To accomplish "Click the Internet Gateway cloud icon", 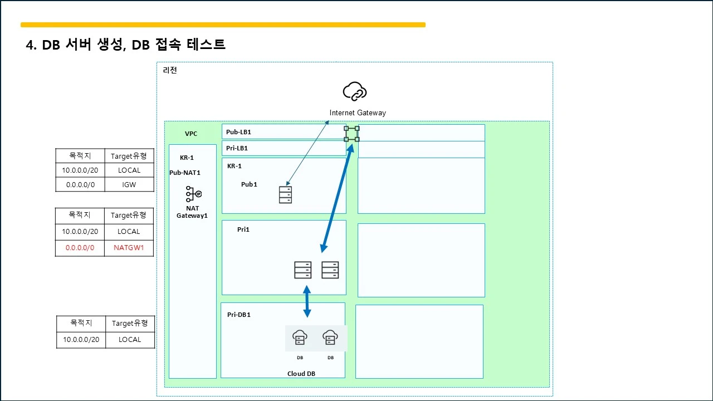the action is click(355, 91).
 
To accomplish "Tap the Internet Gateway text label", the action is click(358, 113).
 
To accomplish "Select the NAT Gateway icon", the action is click(193, 194).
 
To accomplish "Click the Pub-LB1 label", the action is click(238, 132).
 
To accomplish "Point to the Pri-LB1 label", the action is click(237, 148).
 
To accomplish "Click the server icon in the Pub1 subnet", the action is click(285, 195).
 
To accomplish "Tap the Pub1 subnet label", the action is click(249, 184).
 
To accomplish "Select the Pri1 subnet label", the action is click(243, 229).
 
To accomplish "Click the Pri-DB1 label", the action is click(239, 315).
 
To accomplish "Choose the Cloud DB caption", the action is click(301, 374).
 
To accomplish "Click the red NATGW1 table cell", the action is click(129, 248).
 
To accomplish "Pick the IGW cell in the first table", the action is click(129, 184).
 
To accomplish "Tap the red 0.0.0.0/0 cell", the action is click(80, 248).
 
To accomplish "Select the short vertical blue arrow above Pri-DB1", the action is click(307, 301).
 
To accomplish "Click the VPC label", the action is click(191, 134).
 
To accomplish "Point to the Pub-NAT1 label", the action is click(185, 173).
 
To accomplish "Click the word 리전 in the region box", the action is click(170, 70).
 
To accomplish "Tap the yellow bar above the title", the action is click(223, 25).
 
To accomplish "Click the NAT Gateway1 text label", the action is click(192, 212).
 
